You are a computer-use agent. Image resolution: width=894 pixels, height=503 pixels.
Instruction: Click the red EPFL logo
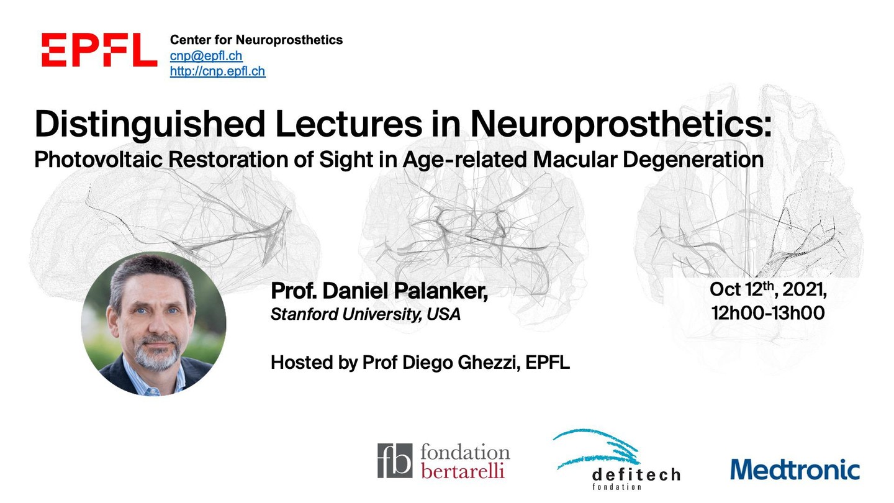pos(99,50)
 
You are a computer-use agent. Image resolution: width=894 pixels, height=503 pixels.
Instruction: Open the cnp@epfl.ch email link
pos(206,56)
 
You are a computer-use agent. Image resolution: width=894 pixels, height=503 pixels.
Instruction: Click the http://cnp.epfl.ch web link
pos(217,71)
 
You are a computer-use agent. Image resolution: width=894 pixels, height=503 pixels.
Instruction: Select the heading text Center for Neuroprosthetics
pos(256,40)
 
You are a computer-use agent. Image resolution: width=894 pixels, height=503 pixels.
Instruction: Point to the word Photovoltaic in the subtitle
pos(98,159)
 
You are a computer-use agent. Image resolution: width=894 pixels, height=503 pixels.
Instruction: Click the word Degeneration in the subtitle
pos(693,160)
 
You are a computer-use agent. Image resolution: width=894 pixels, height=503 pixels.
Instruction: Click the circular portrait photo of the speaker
pos(154,324)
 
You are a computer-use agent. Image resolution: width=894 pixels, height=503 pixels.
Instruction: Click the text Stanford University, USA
pos(366,314)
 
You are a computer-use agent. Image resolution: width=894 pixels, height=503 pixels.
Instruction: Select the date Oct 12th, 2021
pos(768,289)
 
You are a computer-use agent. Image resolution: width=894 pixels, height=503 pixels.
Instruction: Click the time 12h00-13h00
pos(768,313)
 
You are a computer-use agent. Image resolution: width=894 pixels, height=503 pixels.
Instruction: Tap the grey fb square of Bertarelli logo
pos(395,461)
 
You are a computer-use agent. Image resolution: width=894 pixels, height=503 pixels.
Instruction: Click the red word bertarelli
pos(463,471)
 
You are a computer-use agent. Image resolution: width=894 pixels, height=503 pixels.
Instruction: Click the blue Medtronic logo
pos(795,469)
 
